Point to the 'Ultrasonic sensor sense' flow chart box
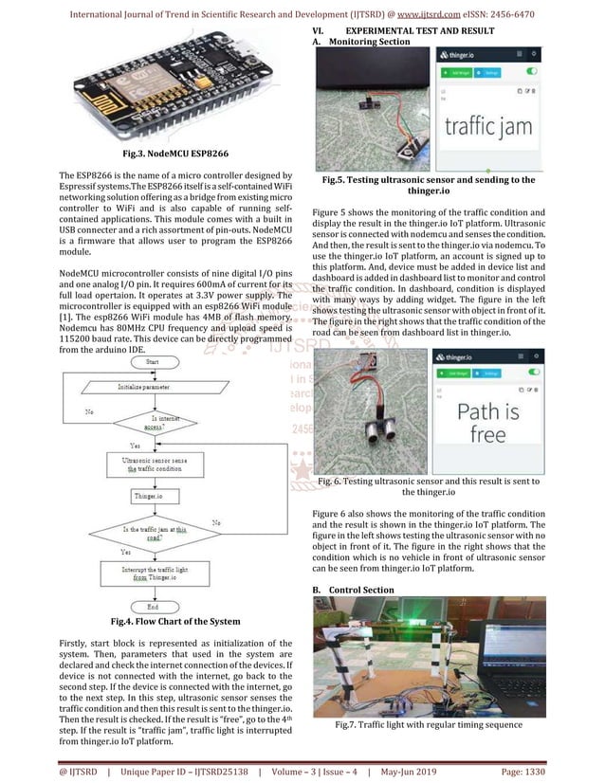coord(153,465)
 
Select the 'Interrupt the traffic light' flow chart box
coord(153,573)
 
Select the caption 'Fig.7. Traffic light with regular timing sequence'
coord(429,725)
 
